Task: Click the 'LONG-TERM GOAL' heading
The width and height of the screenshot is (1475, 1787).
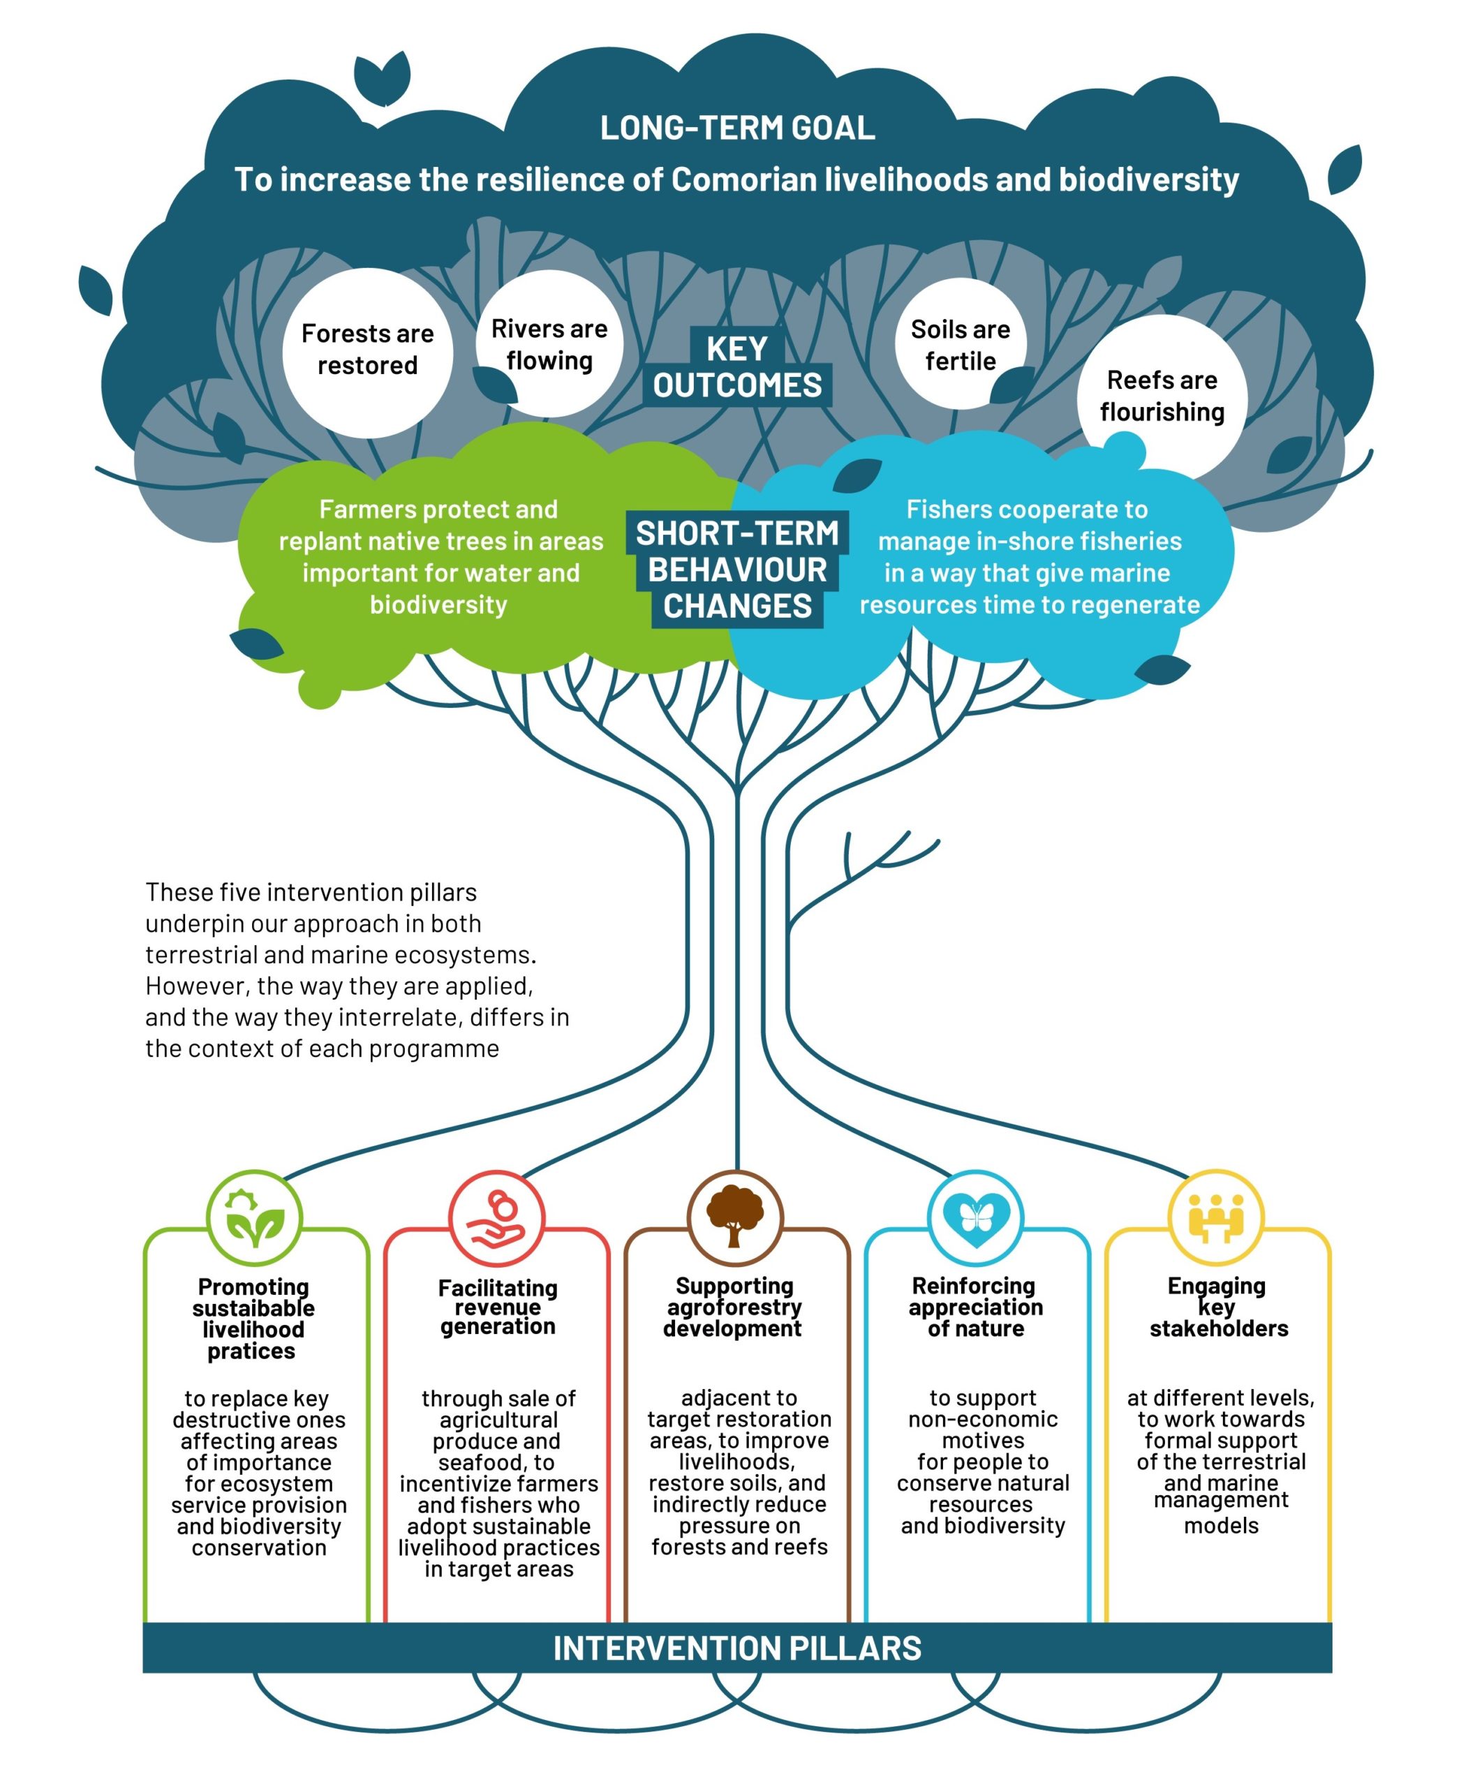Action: [736, 128]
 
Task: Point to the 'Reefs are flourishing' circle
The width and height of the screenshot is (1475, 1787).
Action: [1162, 396]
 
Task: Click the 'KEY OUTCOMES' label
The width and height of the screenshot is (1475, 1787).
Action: [736, 367]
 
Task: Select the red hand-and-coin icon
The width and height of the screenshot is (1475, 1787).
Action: [496, 1219]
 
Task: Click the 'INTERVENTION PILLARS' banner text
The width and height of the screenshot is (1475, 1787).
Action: [736, 1649]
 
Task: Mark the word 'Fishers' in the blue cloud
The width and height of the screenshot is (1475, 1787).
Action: [944, 509]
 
